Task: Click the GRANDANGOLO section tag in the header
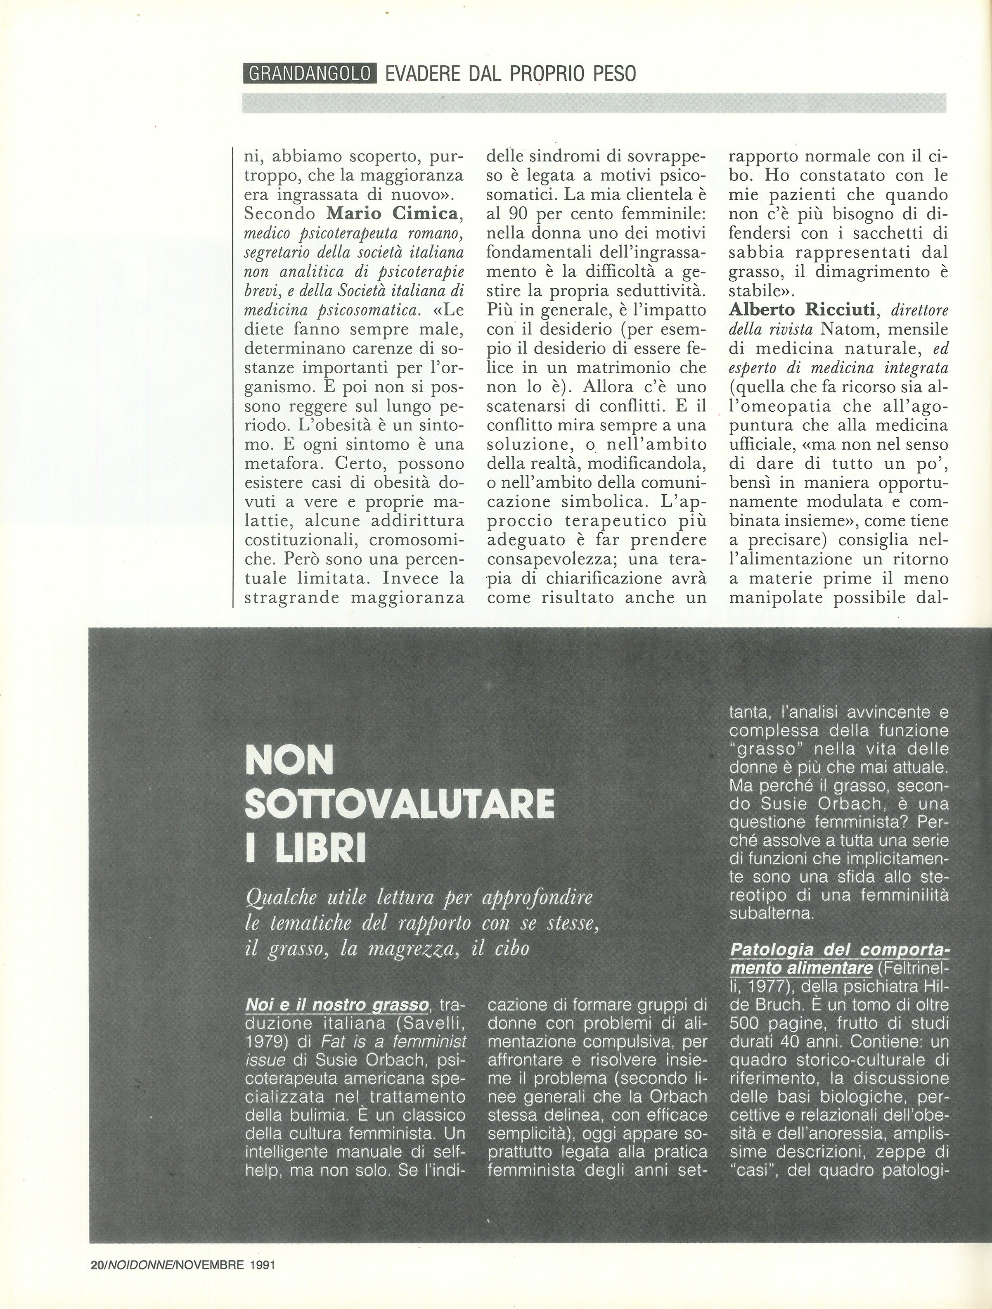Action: pyautogui.click(x=309, y=74)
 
